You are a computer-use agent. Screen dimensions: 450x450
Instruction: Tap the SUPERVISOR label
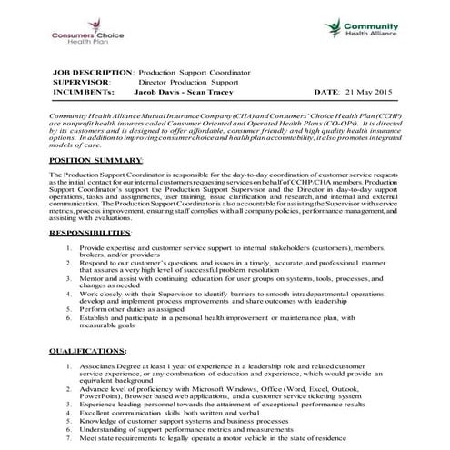click(82, 82)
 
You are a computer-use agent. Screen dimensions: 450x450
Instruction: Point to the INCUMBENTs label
click(85, 93)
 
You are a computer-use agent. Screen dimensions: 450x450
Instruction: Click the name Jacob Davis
click(154, 93)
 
